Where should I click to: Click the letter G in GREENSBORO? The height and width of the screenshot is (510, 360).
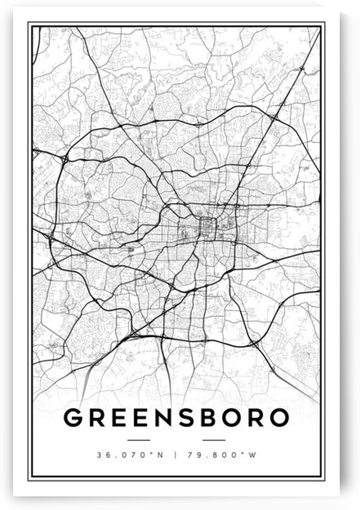pyautogui.click(x=73, y=417)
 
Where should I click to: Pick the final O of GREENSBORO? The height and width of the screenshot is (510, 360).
pyautogui.click(x=278, y=417)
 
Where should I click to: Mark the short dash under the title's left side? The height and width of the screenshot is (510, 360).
pyautogui.click(x=139, y=440)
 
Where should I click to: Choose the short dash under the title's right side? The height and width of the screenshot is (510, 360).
pyautogui.click(x=214, y=440)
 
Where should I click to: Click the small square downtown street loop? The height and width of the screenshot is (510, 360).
pyautogui.click(x=208, y=227)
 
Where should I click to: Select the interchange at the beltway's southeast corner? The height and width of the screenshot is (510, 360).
pyautogui.click(x=254, y=342)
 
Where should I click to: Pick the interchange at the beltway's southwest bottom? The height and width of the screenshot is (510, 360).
pyautogui.click(x=134, y=333)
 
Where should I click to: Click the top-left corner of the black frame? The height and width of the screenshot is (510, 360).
pyautogui.click(x=28, y=22)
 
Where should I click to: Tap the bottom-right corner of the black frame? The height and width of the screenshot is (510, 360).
pyautogui.click(x=324, y=478)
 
